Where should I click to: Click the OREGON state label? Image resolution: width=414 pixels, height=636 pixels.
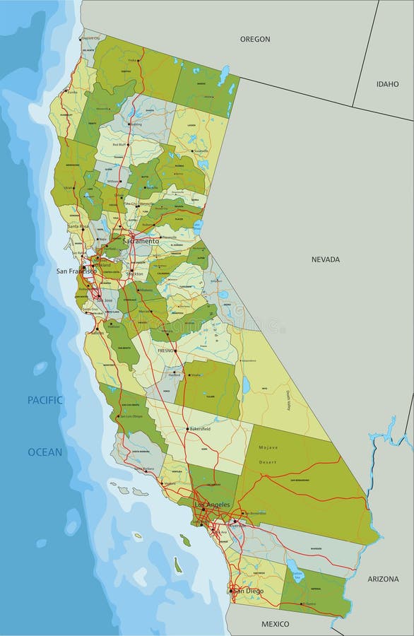click(255, 40)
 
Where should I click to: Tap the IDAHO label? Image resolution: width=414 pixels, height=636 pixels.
click(387, 83)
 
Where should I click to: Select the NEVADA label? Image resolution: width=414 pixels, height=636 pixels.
click(326, 259)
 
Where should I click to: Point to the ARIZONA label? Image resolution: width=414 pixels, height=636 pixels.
click(383, 579)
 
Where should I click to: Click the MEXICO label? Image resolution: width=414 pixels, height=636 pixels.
click(276, 624)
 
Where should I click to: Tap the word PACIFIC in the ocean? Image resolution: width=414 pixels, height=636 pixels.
click(45, 400)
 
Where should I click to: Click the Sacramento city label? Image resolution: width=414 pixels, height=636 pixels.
click(141, 241)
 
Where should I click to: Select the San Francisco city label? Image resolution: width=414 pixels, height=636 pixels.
click(77, 271)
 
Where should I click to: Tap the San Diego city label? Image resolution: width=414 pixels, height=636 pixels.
click(248, 591)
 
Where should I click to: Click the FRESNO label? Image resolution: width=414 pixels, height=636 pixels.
click(166, 350)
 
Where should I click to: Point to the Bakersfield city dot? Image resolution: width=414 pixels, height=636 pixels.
click(187, 430)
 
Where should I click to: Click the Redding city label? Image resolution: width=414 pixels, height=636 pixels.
click(136, 124)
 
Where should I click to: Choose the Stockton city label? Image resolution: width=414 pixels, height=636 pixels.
click(136, 273)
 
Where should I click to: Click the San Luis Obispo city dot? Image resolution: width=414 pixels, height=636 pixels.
click(118, 417)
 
